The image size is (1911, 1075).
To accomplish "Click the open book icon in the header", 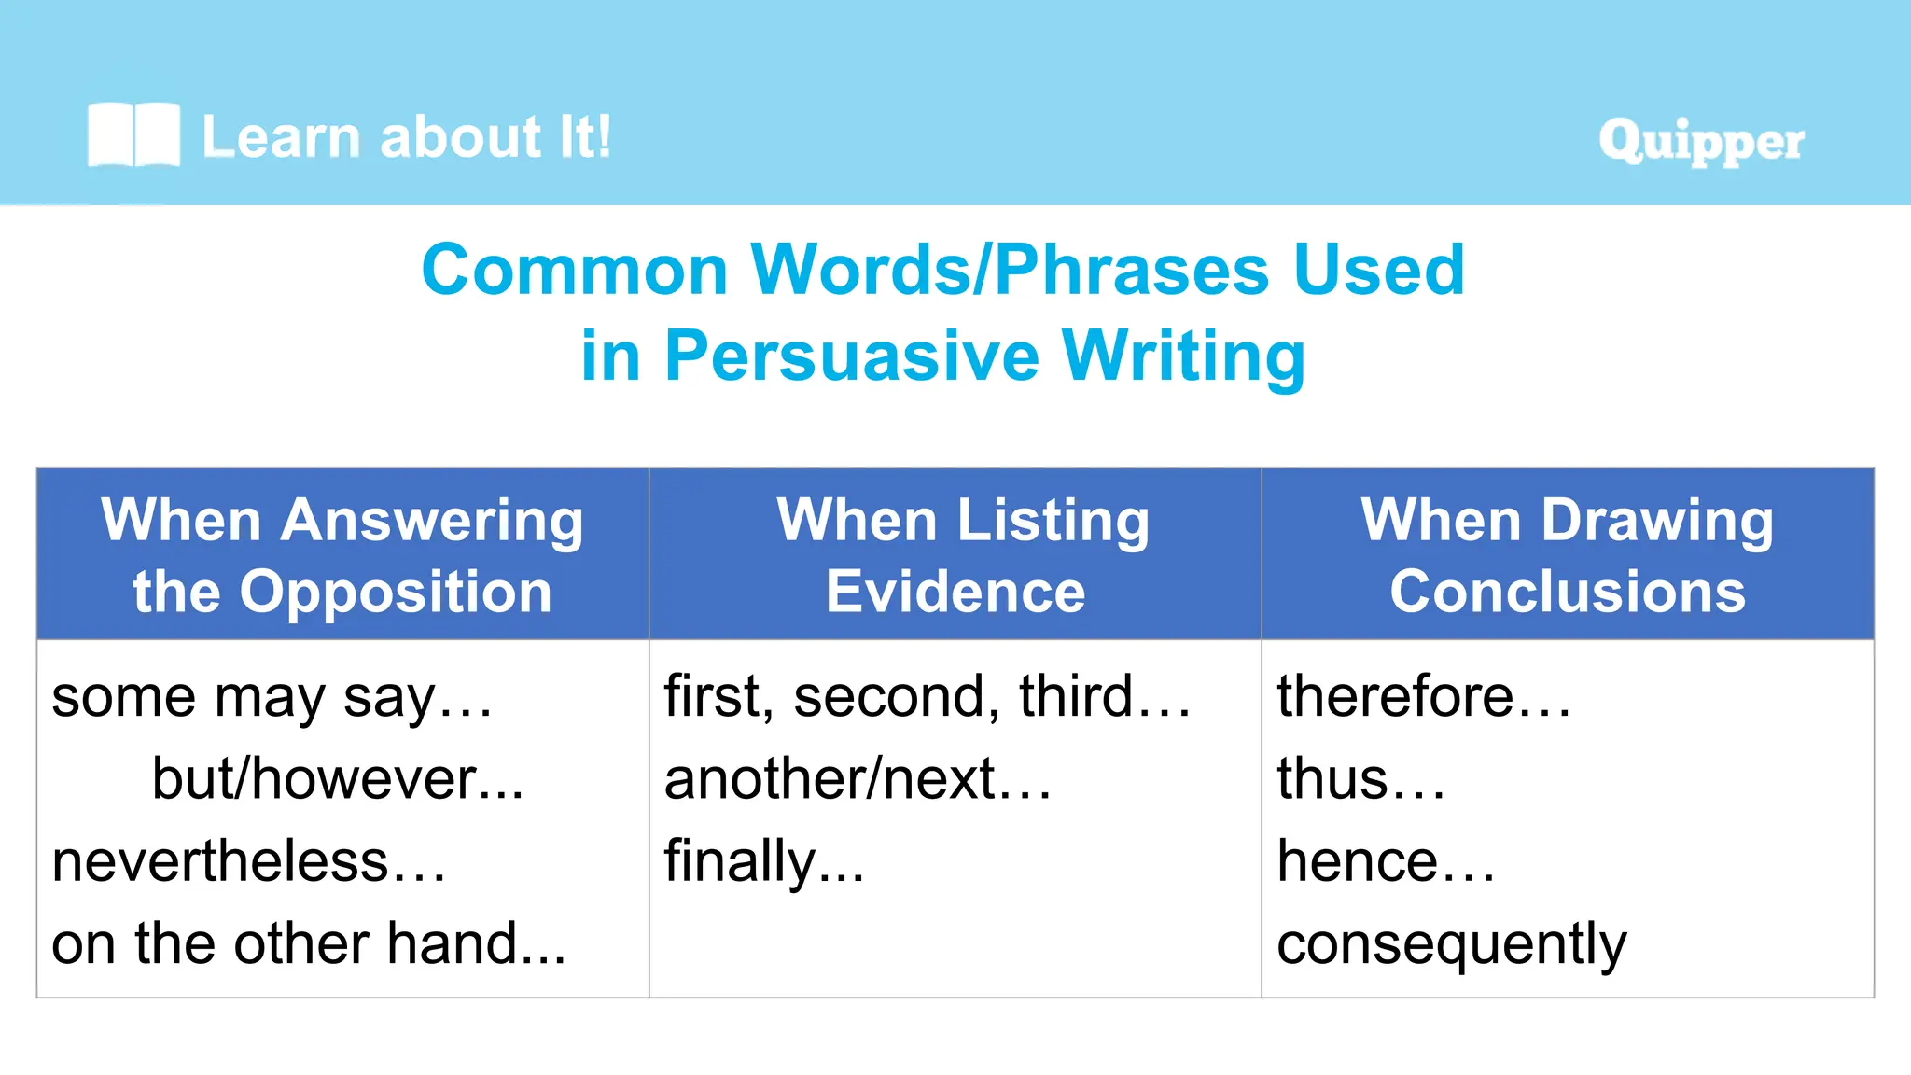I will click(133, 135).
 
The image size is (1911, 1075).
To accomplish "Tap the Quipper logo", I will click(1700, 142).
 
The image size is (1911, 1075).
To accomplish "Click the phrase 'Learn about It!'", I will click(406, 137).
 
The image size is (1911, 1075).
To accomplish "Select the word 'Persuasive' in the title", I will click(851, 356).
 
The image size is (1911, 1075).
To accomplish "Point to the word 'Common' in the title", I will click(574, 271).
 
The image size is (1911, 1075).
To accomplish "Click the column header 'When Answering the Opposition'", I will click(342, 555).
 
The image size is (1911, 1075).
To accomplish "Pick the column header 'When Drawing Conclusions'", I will click(1567, 555).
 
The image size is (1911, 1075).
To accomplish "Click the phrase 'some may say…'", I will click(271, 698).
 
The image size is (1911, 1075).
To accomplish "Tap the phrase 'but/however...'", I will click(338, 779).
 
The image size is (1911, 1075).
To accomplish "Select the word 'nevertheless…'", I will click(248, 861).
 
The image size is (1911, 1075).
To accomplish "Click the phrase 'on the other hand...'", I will click(308, 943).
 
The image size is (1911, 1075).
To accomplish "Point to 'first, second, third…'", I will click(927, 697).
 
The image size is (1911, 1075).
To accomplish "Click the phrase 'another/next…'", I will click(857, 779).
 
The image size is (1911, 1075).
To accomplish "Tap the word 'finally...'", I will click(763, 861).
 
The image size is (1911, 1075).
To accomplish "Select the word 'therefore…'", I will click(1423, 697).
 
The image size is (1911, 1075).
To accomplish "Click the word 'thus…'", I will click(1360, 779).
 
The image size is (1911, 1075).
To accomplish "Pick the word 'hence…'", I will click(1385, 861).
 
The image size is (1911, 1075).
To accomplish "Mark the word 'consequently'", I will click(1451, 945).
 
